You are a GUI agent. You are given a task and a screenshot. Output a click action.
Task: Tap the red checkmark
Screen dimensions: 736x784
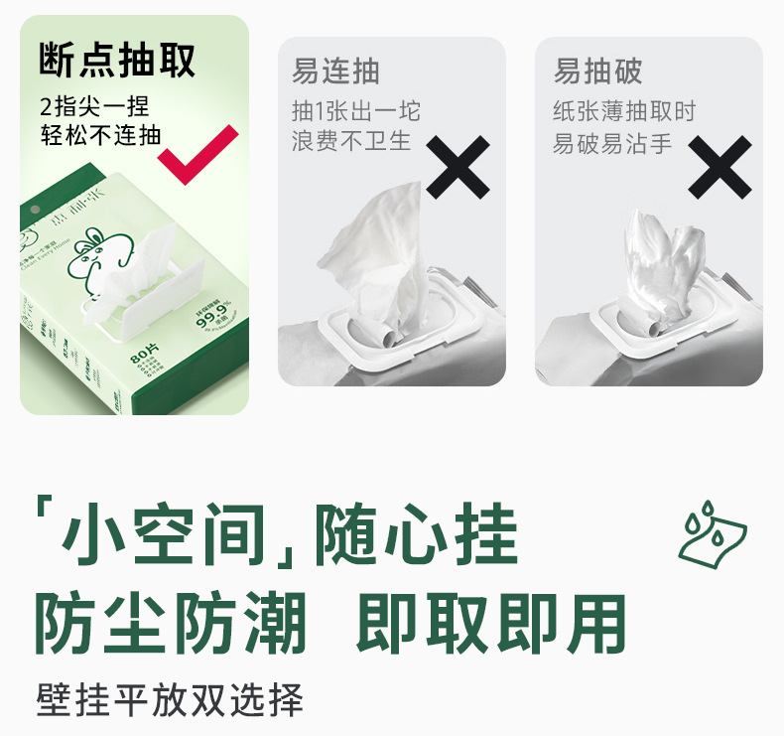(x=198, y=152)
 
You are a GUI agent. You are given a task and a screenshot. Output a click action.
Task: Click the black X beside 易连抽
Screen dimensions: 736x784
(x=457, y=167)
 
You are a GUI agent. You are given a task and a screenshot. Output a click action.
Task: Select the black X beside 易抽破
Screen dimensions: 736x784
(x=719, y=167)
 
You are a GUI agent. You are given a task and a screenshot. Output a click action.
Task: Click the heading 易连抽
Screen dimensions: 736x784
(x=335, y=73)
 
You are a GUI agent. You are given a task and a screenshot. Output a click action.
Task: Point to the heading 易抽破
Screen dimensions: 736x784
(x=597, y=73)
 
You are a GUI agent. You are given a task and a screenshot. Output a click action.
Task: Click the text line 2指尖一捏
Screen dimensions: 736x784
(x=94, y=107)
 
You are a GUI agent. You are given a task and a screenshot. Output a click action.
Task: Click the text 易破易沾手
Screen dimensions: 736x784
(x=612, y=142)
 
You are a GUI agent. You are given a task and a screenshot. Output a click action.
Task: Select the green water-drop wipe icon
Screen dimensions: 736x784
(x=712, y=536)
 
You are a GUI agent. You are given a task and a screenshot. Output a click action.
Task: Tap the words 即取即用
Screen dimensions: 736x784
(x=491, y=624)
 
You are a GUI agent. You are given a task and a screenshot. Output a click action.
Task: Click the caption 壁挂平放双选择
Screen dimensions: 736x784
(x=169, y=700)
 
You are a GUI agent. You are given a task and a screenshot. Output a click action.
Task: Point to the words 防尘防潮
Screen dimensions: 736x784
(x=170, y=624)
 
